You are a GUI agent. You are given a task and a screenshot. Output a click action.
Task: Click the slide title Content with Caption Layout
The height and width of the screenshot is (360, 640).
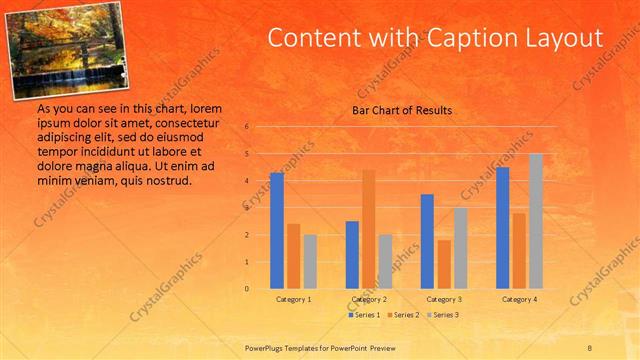coord(435,38)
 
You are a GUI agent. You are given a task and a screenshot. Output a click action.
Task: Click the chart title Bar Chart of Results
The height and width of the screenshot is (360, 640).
coord(402,110)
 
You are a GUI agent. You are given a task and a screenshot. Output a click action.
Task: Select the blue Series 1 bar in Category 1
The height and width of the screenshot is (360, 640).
coord(276,231)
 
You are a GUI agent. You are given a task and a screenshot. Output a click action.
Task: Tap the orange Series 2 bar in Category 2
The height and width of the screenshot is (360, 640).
coord(369,229)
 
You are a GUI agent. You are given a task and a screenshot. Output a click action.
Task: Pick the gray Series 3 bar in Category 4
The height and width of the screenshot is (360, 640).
coord(536,221)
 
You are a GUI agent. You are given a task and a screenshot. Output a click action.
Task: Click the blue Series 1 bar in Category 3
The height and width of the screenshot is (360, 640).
coord(427,241)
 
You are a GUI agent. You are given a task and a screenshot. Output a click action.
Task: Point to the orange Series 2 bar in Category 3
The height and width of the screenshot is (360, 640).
coord(444,264)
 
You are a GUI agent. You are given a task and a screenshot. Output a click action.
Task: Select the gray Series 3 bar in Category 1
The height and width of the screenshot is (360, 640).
coord(310,262)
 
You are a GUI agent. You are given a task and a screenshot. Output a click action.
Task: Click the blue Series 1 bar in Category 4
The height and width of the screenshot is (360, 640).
coord(502,228)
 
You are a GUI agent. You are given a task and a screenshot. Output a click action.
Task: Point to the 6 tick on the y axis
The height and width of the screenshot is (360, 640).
coord(246,127)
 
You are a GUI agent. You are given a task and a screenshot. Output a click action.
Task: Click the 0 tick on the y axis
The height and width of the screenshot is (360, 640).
coord(246,289)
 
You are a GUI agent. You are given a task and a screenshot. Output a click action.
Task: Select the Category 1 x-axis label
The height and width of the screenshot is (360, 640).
coord(293,299)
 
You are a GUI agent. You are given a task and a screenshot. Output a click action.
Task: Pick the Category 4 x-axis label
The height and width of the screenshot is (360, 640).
coord(519,299)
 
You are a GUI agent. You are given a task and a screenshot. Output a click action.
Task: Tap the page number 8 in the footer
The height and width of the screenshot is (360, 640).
coord(590,347)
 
